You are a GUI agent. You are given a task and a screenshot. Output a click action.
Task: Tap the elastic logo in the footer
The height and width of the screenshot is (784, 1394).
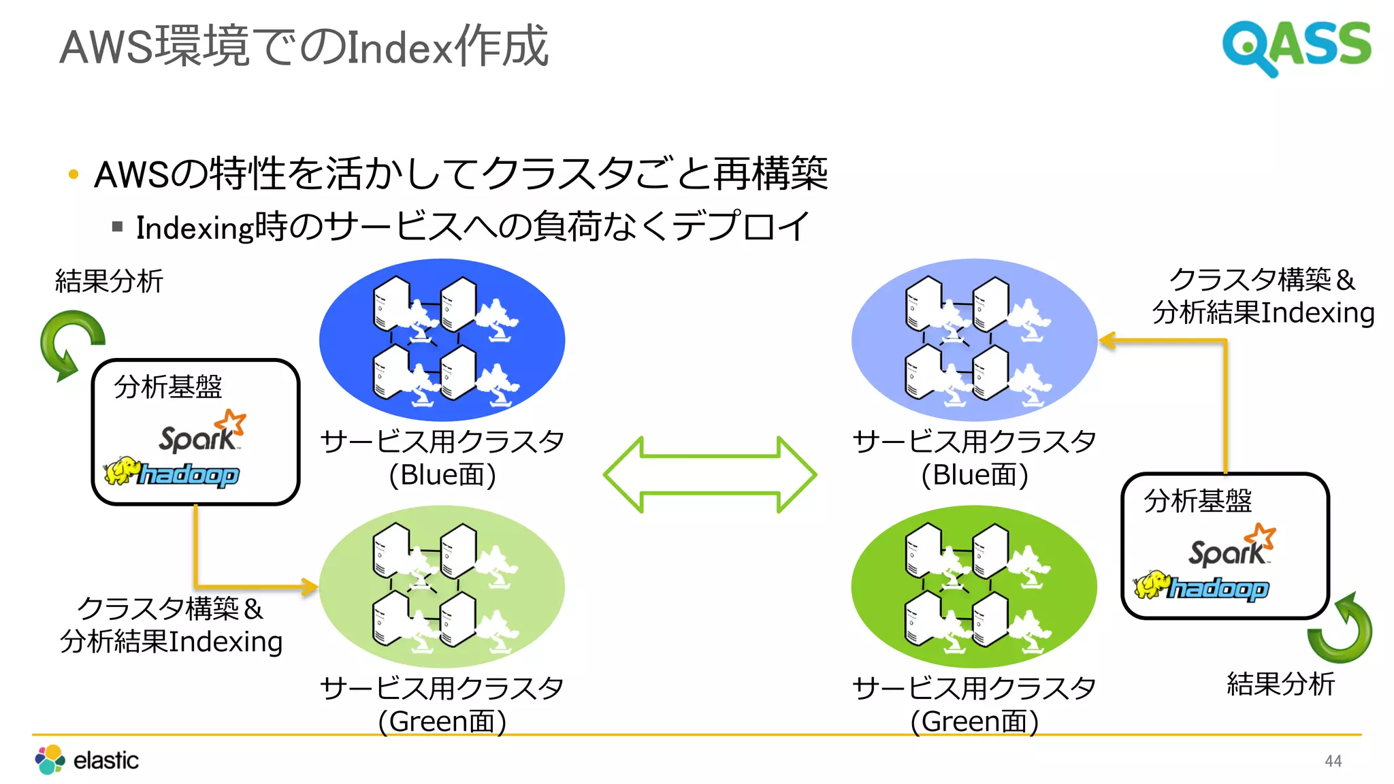tap(87, 759)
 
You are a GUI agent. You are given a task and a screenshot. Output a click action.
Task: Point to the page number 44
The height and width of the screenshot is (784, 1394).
tap(1333, 761)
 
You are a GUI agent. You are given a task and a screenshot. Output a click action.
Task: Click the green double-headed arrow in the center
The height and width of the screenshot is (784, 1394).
tap(710, 474)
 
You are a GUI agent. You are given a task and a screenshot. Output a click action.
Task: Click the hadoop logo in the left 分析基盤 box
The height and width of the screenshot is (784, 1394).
tap(172, 472)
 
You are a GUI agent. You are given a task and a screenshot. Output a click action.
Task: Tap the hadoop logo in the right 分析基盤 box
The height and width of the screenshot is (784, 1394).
tap(1202, 586)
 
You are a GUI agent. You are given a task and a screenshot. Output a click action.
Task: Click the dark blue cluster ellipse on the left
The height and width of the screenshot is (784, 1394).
tap(442, 339)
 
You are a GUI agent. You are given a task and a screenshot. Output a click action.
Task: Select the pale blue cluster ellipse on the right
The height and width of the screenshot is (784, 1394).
tap(974, 339)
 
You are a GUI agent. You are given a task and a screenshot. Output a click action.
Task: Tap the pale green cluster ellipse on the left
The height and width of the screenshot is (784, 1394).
tap(442, 586)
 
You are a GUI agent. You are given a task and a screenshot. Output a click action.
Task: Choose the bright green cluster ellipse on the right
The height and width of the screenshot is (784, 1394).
tap(974, 586)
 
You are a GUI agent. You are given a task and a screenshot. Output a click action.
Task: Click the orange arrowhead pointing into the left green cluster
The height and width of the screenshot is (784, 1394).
tap(310, 586)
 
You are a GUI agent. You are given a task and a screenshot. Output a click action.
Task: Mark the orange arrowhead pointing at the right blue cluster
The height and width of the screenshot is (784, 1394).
tap(1107, 340)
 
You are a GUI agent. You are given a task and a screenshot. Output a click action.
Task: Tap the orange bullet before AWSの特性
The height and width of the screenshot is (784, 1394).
tap(74, 175)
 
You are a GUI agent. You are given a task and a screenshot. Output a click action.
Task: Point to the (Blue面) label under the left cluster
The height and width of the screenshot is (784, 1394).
tap(442, 475)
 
